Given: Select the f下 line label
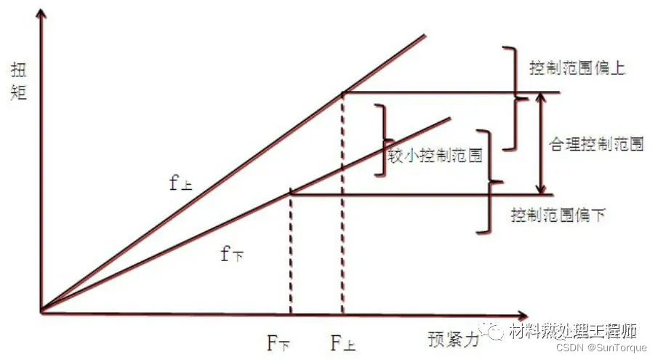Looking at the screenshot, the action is pos(232,254).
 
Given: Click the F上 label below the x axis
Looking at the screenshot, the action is pos(342,342).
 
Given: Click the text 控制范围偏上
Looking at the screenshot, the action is pos(577,69).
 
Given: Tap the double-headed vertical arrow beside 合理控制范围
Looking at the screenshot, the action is pos(539,143).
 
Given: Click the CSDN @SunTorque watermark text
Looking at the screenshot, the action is pos(601,348).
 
